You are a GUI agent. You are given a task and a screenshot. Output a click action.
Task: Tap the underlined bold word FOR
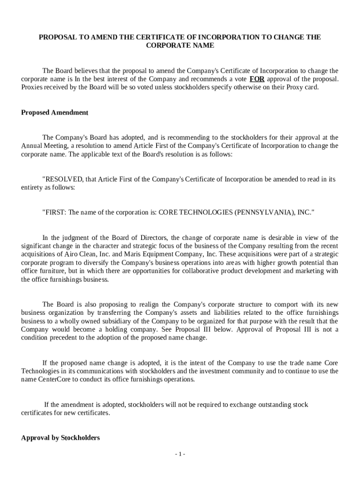pos(257,79)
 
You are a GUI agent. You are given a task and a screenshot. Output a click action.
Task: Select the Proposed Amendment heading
pos(55,113)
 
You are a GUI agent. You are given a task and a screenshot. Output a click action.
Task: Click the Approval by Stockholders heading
pos(60,438)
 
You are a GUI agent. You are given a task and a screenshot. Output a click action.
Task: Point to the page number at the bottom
pos(180,454)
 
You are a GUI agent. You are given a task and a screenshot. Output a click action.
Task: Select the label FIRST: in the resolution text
pos(55,212)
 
